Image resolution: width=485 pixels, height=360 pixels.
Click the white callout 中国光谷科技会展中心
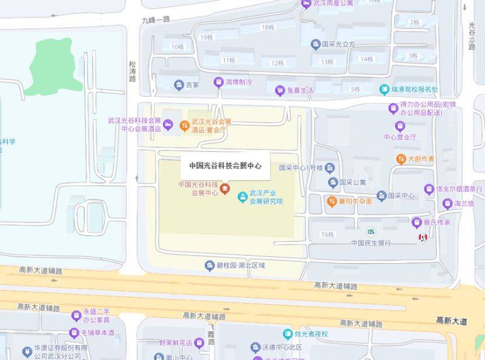[x=225, y=165]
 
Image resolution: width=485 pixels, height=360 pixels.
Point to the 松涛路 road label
[x=132, y=71]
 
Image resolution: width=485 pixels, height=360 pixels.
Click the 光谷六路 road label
[x=472, y=36]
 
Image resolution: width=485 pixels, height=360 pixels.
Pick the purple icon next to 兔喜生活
[x=279, y=90]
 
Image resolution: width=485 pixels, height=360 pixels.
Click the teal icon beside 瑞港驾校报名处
[x=384, y=90]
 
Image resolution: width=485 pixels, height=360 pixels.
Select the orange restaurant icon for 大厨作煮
[x=400, y=159]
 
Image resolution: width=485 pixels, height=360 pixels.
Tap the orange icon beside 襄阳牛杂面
[x=332, y=201]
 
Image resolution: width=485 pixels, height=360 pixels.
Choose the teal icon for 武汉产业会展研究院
[x=242, y=197]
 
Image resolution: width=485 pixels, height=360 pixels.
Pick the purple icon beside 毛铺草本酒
[x=75, y=332]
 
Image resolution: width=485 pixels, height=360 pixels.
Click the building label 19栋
[x=207, y=37]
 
